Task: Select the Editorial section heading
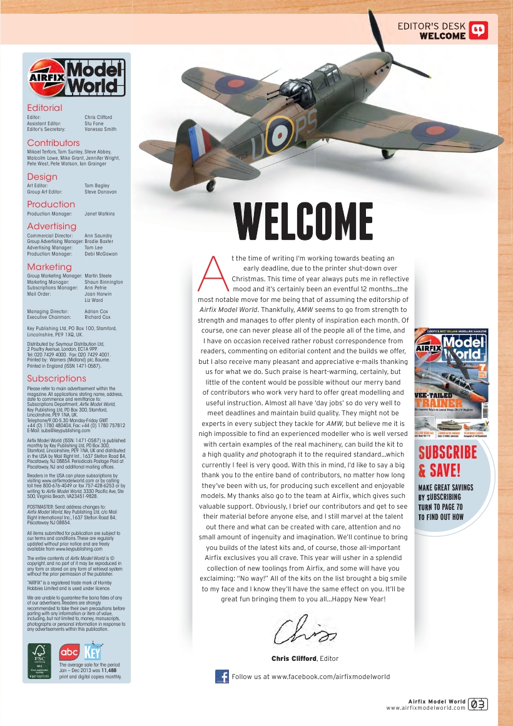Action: click(x=44, y=108)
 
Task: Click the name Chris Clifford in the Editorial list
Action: click(x=98, y=117)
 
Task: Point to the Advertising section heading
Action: click(x=51, y=226)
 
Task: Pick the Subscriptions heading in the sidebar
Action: click(x=56, y=378)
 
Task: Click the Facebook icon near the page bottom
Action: click(x=221, y=677)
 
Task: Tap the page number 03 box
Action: click(x=478, y=704)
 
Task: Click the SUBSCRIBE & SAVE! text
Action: click(x=447, y=461)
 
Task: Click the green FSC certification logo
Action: click(x=41, y=661)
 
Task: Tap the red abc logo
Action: click(x=69, y=652)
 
